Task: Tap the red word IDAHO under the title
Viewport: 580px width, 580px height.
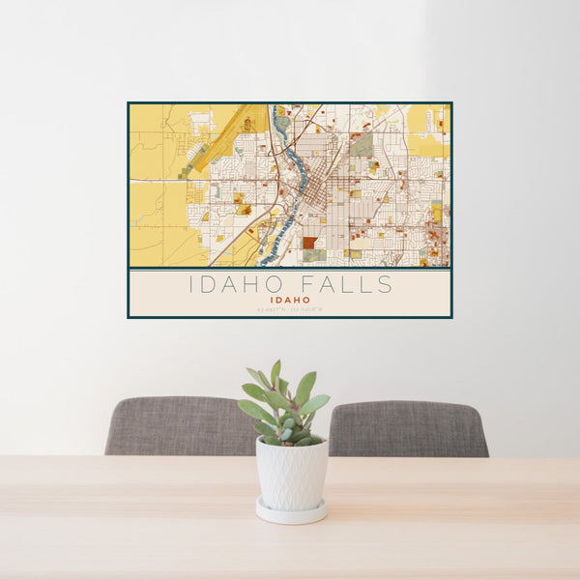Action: point(290,300)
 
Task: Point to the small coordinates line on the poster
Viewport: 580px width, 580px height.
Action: point(290,309)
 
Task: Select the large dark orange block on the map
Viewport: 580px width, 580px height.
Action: point(309,244)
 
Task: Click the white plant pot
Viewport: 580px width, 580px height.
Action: point(291,474)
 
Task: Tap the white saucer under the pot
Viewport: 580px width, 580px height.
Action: point(291,511)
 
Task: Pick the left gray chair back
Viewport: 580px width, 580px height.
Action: point(179,425)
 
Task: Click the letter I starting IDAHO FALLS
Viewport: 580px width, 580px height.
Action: point(190,284)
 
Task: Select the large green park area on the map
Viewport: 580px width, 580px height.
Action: point(362,146)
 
